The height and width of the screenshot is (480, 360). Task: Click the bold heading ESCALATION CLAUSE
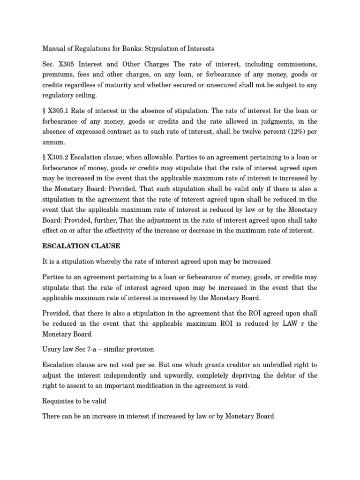pyautogui.click(x=82, y=246)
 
